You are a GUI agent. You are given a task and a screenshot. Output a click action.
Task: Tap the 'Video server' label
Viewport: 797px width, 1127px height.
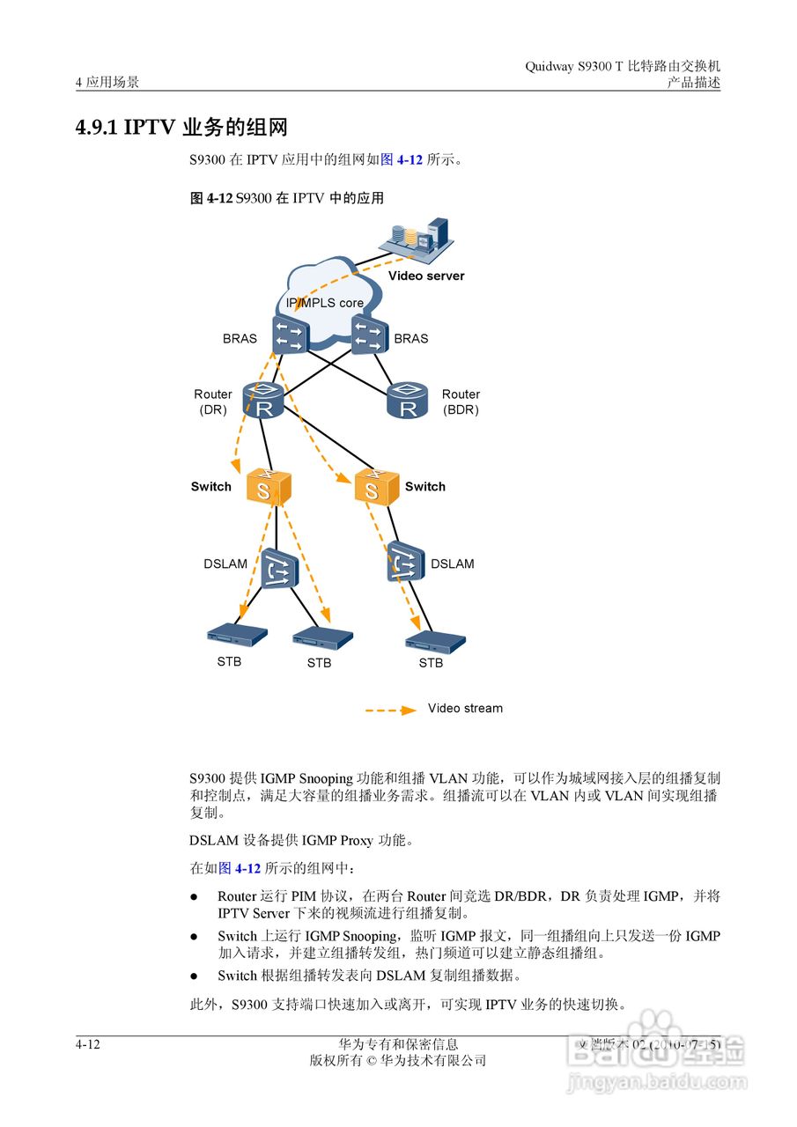(426, 276)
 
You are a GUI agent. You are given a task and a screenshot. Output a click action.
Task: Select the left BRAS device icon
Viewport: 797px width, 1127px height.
(290, 335)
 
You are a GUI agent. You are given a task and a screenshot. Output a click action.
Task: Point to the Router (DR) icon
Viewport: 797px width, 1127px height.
(264, 401)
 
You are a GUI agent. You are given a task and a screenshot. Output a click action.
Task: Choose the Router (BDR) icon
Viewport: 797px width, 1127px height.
(408, 401)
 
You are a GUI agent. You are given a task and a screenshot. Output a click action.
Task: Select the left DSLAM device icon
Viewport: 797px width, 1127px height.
(279, 568)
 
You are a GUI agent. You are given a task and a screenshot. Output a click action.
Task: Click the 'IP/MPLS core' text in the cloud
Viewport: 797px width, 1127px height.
(324, 303)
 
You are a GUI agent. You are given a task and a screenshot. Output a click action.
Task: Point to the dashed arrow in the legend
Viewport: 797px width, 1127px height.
(390, 709)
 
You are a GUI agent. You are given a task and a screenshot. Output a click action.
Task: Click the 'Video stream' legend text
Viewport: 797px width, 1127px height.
(465, 708)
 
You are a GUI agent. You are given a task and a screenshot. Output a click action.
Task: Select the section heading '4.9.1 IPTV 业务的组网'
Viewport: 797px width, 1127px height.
(181, 127)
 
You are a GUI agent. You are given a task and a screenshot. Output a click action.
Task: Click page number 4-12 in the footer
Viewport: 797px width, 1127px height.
(88, 1044)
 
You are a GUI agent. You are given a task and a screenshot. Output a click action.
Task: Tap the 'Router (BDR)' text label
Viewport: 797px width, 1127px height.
(461, 402)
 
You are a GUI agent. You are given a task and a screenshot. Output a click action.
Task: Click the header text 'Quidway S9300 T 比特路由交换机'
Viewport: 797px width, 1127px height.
(622, 66)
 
